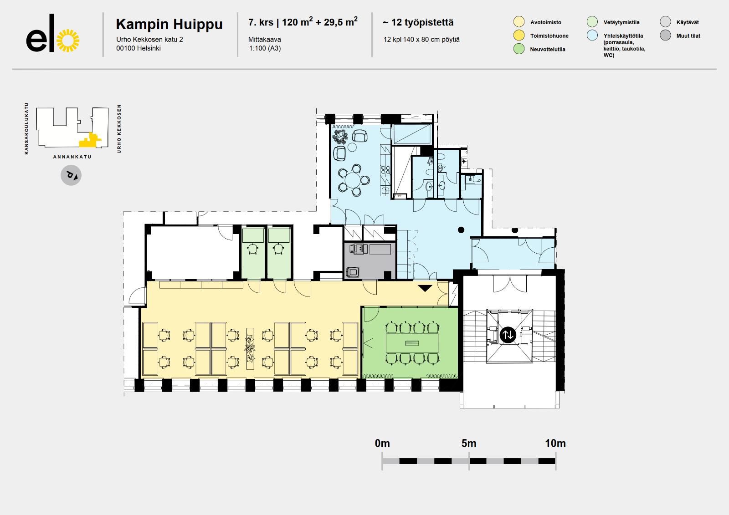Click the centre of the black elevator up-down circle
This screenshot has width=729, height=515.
click(508, 335)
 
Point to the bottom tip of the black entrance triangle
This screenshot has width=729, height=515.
click(425, 291)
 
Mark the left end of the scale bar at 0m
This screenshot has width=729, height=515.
click(382, 461)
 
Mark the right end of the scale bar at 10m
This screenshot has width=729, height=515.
click(555, 461)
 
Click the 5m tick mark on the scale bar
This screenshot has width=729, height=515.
click(469, 461)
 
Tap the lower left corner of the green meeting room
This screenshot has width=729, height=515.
click(362, 378)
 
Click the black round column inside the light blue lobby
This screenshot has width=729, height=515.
click(461, 229)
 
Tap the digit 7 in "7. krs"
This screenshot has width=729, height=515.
click(251, 22)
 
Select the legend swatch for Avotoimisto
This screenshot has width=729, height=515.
click(519, 22)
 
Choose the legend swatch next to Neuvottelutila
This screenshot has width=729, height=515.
click(519, 49)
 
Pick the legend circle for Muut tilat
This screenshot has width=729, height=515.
click(665, 35)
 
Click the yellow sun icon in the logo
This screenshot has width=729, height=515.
click(68, 41)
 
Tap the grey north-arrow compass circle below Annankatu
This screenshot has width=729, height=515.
click(71, 175)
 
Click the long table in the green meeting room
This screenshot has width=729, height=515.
click(412, 343)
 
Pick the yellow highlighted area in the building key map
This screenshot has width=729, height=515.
click(89, 140)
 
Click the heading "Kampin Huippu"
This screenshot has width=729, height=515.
click(169, 25)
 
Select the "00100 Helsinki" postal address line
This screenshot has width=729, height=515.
click(139, 48)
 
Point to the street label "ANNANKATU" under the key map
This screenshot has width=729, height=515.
click(72, 157)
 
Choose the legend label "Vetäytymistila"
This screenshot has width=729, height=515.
click(621, 22)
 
